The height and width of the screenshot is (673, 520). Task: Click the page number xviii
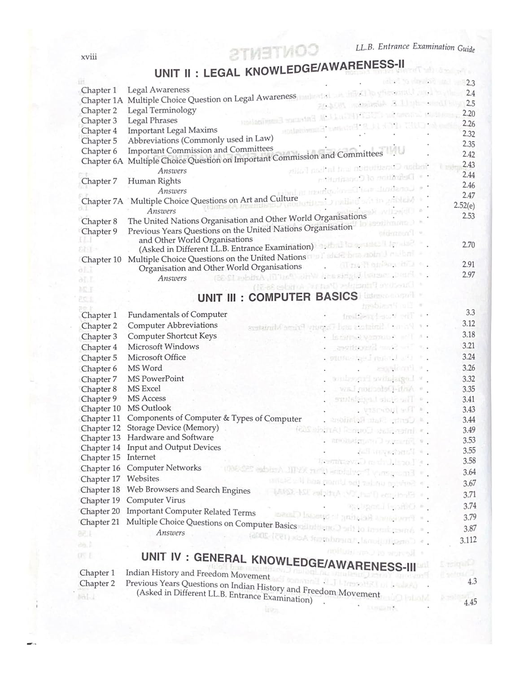pos(88,57)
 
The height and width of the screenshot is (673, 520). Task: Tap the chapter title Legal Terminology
pos(162,110)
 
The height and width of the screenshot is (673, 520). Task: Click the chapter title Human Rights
pos(154,181)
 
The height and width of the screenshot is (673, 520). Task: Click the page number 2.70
pos(468,245)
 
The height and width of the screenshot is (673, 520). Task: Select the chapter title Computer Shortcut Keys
pos(172,336)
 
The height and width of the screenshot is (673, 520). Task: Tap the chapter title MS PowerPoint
pos(155,379)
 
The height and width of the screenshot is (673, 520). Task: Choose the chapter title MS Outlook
pos(149,408)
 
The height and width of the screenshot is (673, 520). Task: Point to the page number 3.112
pos(468,540)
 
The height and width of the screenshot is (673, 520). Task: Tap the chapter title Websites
pos(143,479)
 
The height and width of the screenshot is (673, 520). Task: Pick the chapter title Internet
pos(141,457)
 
